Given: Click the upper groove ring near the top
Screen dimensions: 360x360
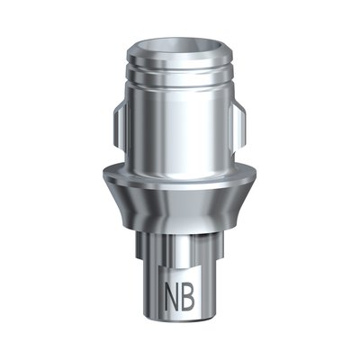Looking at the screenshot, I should click(181, 65).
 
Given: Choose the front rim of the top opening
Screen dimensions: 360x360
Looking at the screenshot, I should click(181, 53).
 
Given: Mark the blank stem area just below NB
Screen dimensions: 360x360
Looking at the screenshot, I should click(180, 318).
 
